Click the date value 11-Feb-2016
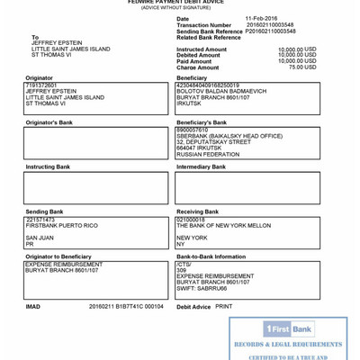pos(262,18)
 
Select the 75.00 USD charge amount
pos(302,67)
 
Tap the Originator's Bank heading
pos(49,121)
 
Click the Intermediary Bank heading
pos(202,166)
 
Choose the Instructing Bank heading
pos(48,166)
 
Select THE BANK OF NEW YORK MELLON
pos(223,225)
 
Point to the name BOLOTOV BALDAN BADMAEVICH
pos(221,91)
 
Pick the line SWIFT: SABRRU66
pos(202,288)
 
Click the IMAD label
pos(33,306)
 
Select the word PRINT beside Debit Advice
pos(224,306)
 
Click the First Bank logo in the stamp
pos(289,329)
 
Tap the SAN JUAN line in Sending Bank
pos(40,238)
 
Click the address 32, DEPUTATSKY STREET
pos(213,142)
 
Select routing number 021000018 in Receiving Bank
pos(191,219)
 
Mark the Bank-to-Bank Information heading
pos(211,256)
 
